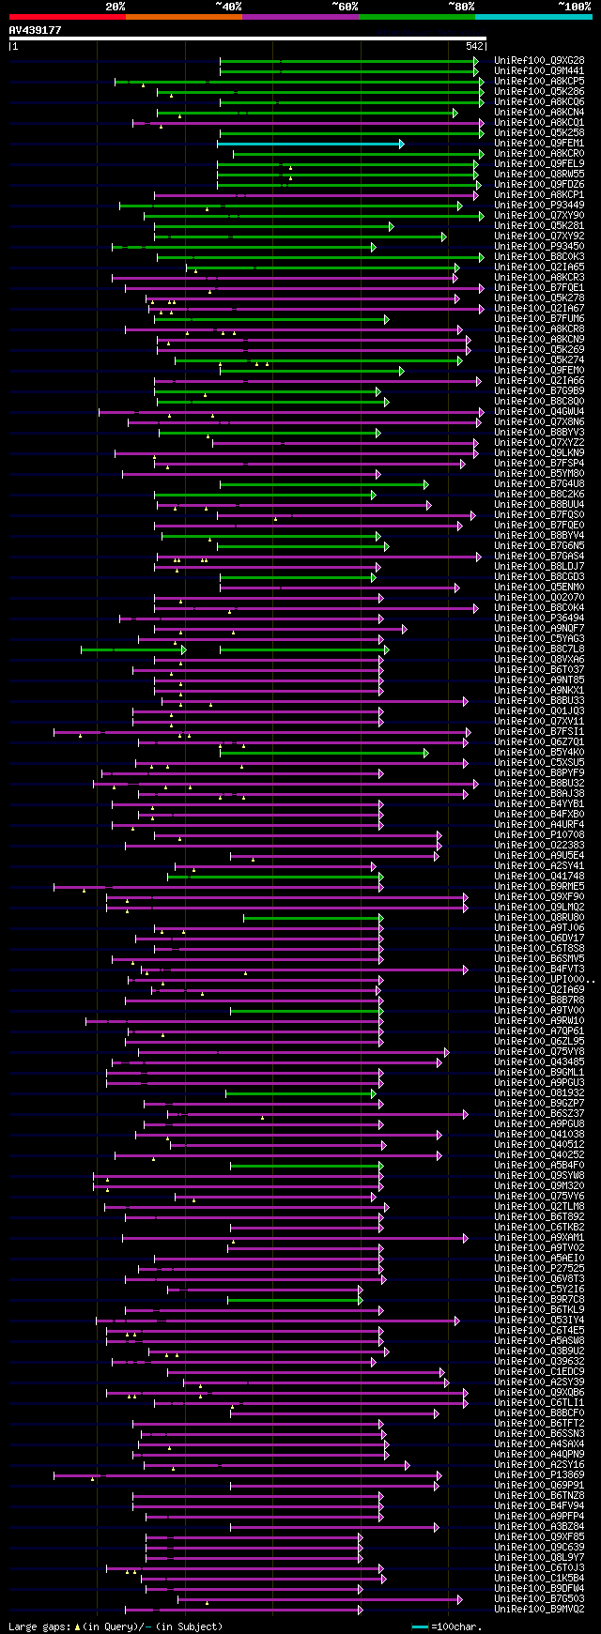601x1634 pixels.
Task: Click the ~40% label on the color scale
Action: click(228, 7)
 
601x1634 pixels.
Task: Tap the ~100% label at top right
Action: click(574, 7)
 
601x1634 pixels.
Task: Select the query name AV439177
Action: click(36, 30)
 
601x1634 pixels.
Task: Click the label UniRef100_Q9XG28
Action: click(539, 60)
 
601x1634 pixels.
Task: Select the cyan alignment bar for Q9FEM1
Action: click(310, 144)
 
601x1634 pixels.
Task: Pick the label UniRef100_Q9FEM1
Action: click(539, 144)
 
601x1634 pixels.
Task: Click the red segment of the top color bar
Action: click(67, 16)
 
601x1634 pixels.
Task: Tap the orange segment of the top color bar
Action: click(183, 16)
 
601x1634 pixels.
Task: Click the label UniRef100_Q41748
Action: click(539, 877)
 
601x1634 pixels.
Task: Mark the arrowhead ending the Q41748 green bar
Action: click(381, 877)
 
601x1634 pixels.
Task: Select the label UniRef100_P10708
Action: click(539, 835)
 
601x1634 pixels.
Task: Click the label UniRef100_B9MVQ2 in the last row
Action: click(539, 1610)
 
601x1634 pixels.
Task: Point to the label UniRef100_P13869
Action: click(539, 1475)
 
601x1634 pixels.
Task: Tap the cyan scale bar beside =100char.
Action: click(420, 1626)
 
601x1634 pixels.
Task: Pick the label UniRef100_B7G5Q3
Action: click(539, 1599)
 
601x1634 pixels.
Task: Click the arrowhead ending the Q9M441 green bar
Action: click(476, 70)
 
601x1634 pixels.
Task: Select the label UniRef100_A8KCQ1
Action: click(539, 123)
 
